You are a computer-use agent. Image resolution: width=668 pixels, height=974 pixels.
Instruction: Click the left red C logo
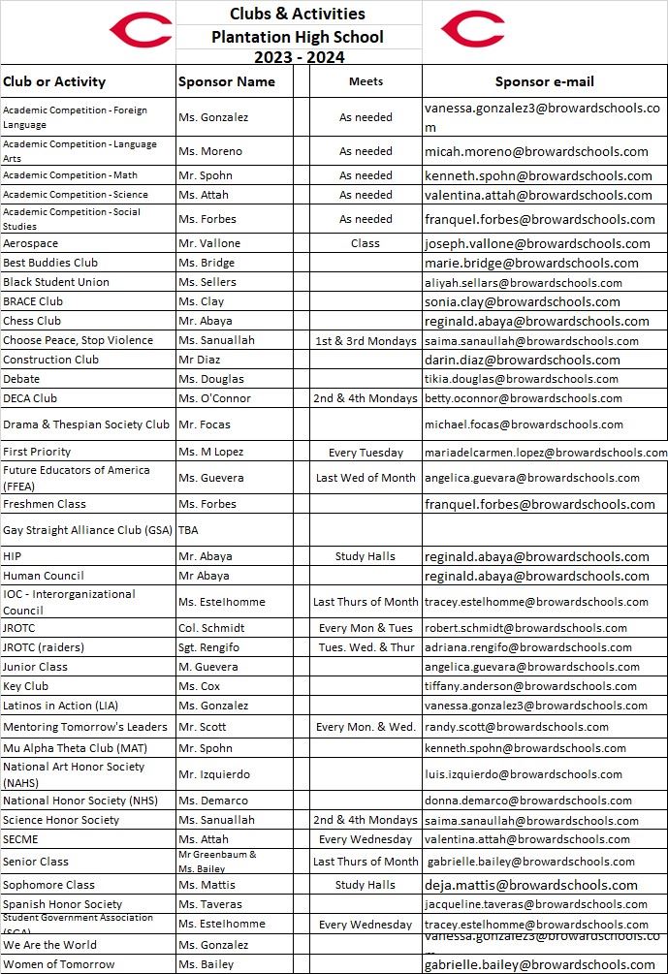coord(140,30)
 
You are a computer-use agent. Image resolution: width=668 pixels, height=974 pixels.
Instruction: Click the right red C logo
coord(472,30)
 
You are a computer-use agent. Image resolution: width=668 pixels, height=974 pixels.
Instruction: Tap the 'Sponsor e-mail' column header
coord(544,82)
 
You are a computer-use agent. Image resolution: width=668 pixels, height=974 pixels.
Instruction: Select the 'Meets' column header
coord(366,82)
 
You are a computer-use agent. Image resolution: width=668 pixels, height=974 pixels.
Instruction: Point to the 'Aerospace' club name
coord(30,243)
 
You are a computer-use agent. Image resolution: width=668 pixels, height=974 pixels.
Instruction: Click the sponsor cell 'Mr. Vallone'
coord(209,243)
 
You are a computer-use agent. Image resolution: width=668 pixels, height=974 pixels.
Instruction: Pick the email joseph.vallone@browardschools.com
coord(537,243)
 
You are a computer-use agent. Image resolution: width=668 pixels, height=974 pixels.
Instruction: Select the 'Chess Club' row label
coord(32,321)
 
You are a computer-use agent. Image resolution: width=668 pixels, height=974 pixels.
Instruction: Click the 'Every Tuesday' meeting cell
coord(366,453)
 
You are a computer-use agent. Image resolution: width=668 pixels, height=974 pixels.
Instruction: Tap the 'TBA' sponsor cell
coord(188,530)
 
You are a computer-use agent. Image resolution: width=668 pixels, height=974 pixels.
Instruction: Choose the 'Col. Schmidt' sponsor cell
coord(211,628)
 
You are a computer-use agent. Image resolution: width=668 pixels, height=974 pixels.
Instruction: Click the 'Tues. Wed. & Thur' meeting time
coord(366,647)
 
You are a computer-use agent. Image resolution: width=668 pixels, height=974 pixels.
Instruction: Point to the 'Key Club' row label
coord(25,686)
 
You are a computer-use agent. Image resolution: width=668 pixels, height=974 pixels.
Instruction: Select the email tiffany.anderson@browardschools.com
coord(532,686)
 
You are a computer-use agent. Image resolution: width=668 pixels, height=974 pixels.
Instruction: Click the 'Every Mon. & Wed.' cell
coord(366,727)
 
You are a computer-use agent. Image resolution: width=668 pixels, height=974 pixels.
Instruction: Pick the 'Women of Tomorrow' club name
coord(58,964)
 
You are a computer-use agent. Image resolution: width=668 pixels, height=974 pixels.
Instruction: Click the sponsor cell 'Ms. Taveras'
coord(210,904)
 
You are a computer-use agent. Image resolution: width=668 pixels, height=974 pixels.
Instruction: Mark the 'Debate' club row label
coord(21,379)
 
